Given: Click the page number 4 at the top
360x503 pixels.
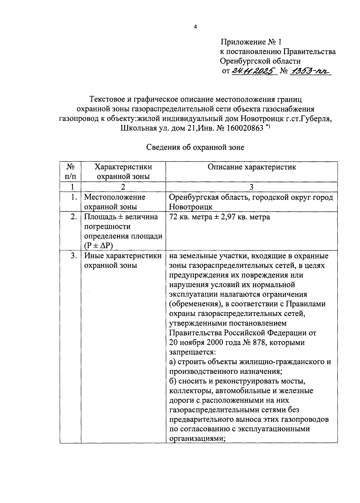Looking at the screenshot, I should (195, 27).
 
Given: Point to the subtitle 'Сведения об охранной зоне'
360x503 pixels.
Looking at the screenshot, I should (195, 147).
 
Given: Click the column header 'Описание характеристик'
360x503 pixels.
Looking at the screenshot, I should (251, 167).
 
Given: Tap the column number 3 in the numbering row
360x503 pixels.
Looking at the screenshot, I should (251, 187).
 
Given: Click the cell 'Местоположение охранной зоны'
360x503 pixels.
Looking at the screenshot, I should (115, 202).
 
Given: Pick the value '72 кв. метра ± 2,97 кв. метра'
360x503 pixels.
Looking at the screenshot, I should (219, 217).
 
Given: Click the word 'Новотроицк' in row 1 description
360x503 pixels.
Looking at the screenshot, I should (191, 207).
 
